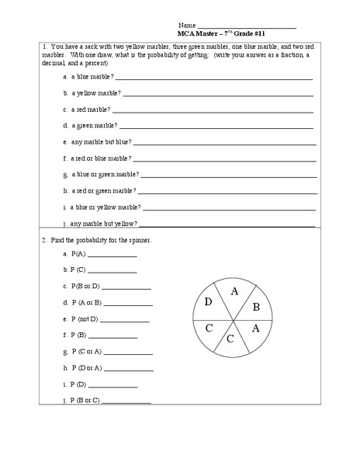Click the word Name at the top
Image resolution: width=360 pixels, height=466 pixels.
coord(186,26)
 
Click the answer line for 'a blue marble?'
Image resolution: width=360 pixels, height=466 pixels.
coord(213,78)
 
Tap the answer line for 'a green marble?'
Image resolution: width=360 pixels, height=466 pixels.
coord(216,127)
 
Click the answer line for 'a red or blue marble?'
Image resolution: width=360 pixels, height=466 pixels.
coord(225,159)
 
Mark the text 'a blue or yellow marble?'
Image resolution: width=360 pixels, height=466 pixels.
coord(106,207)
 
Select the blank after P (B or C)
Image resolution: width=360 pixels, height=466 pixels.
coord(126,402)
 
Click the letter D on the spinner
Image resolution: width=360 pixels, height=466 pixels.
coord(208,302)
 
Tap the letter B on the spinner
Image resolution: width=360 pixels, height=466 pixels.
coord(256,307)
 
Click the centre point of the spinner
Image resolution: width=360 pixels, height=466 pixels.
coord(231,318)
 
